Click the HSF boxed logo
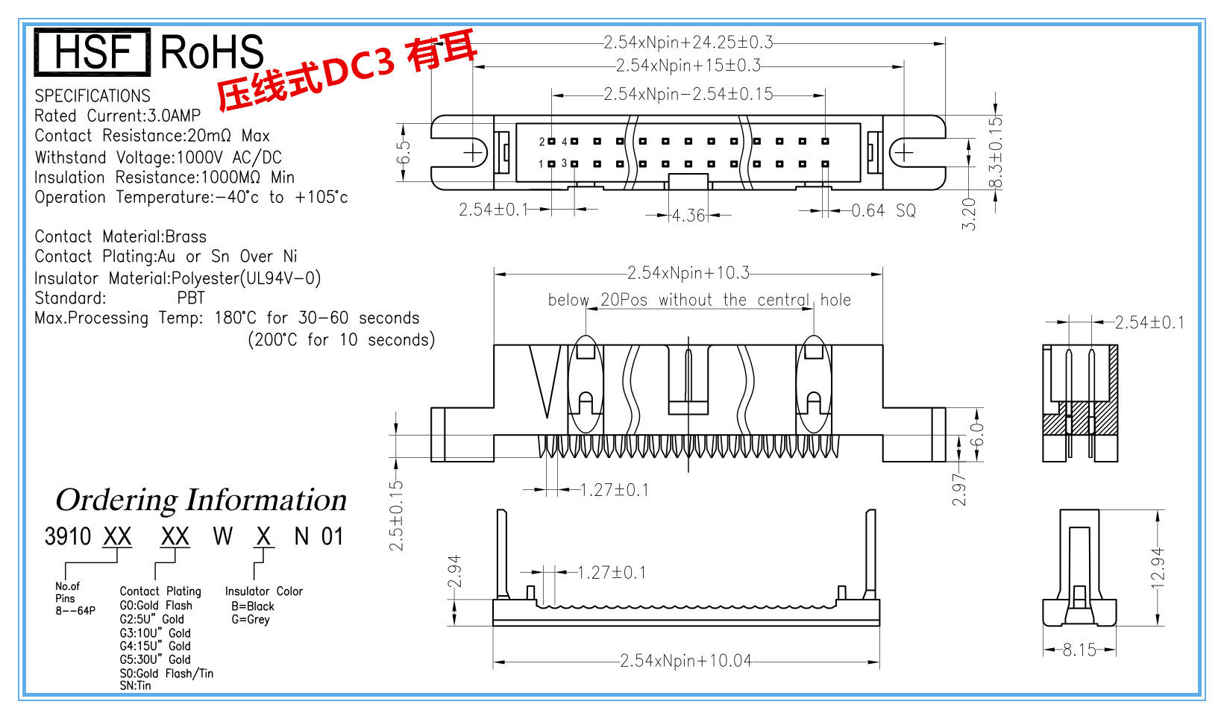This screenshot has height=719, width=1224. [92, 52]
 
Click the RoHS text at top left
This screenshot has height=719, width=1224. [212, 52]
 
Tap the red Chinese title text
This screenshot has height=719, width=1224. [346, 73]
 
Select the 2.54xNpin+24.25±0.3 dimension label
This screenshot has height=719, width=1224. [688, 43]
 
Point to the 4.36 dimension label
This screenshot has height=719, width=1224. [688, 216]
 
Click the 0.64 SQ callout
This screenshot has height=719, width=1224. [884, 211]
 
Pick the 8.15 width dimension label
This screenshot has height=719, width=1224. [1079, 650]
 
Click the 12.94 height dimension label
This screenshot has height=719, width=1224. [1158, 568]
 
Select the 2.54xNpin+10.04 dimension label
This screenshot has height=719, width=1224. [685, 661]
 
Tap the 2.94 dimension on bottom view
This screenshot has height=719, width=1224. [454, 571]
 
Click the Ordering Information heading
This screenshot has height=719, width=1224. [201, 500]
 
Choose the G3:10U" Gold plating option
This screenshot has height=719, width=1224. [155, 633]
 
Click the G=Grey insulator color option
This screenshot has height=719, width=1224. [250, 620]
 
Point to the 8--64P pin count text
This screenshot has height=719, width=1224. [75, 611]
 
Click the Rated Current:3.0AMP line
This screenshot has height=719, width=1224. [117, 116]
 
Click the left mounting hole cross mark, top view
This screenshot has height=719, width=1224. [473, 153]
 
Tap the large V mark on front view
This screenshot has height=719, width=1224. [545, 380]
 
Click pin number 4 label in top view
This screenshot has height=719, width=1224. [565, 141]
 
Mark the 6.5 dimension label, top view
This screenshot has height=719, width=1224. [404, 153]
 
